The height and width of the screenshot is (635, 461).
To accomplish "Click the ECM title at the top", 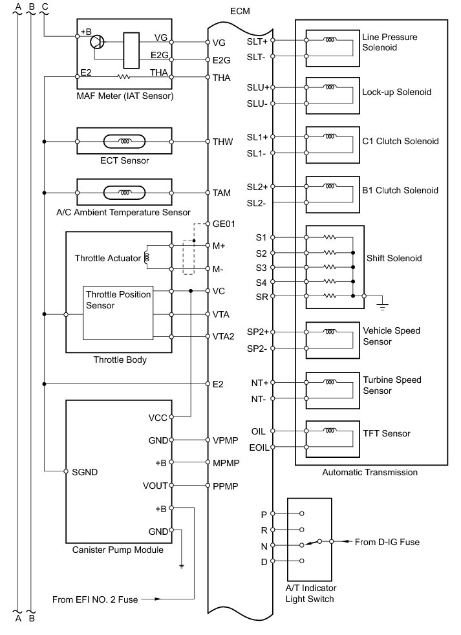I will tap(239, 12).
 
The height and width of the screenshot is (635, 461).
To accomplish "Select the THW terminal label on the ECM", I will tap(221, 141).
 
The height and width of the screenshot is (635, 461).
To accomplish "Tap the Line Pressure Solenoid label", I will tap(390, 42).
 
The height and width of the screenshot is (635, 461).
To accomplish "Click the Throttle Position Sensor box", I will tap(118, 312).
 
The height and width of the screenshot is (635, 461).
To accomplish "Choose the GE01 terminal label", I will tap(224, 224).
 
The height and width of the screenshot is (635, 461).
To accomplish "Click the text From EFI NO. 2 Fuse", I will tap(95, 599).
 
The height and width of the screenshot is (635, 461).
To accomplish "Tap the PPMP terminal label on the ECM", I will tap(224, 485).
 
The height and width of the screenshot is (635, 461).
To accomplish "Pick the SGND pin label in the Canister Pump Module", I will tap(84, 472).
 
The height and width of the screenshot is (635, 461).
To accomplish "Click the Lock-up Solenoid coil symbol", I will tap(330, 86).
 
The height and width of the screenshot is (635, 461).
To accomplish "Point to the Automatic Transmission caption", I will tap(370, 473).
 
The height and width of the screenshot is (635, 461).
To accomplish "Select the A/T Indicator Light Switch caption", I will tap(310, 593).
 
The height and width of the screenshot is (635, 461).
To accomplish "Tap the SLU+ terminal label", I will tap(257, 87).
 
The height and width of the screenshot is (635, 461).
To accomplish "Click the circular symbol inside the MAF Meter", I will tap(98, 42).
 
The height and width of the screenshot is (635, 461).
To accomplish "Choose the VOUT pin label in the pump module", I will tap(155, 486).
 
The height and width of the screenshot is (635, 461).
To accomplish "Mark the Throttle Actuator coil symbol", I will tap(147, 258).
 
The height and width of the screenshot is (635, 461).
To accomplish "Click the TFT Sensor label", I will tap(387, 433).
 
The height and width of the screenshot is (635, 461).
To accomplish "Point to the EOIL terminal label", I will tap(258, 447).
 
